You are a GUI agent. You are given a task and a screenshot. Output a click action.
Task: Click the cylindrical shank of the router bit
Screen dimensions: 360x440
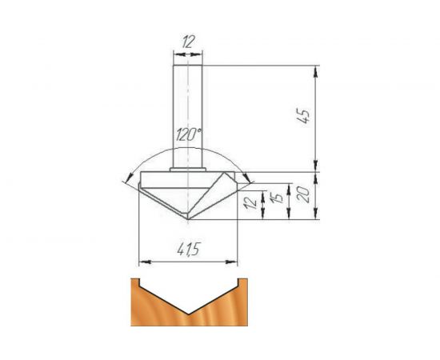point(189,112)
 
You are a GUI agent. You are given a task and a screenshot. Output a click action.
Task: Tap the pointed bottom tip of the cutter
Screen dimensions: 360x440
point(189,218)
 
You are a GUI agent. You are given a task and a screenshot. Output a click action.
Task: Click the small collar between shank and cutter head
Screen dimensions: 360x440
point(189,169)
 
